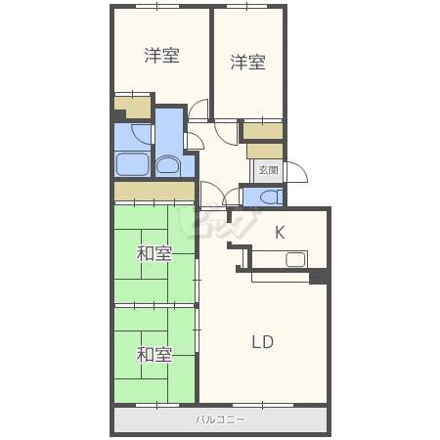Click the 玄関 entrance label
(x=268, y=170)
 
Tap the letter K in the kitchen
(x=280, y=233)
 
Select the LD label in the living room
(x=263, y=342)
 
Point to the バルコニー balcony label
(x=220, y=419)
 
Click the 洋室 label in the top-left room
(x=162, y=56)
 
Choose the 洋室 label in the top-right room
(x=247, y=62)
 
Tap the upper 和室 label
(x=154, y=253)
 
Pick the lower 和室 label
(x=154, y=355)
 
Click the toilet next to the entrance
(x=271, y=197)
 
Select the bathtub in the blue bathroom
(x=133, y=164)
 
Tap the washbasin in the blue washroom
(x=167, y=165)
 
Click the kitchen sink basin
(x=295, y=260)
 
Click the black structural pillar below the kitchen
(x=318, y=277)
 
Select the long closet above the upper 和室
(x=154, y=191)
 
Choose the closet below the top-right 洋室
(x=263, y=131)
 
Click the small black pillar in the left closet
(x=119, y=114)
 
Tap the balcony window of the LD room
(x=263, y=405)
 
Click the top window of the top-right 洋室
(x=246, y=6)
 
